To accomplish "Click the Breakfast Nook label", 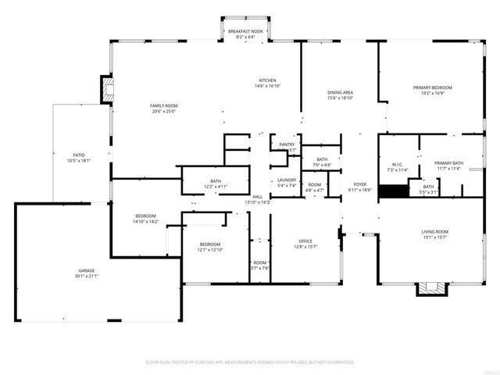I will coord(245,34).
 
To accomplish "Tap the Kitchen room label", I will coord(267,84).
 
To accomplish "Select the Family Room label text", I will coord(164,108).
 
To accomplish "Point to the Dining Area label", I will coord(340,95).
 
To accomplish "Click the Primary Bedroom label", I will coord(432,91).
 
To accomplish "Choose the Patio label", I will coord(80,158).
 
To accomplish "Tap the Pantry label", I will coord(287,146).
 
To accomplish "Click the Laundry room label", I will coord(287,182).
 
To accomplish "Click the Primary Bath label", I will coord(448,165).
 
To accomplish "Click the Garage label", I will coord(86,273).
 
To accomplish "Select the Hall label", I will coord(258,199).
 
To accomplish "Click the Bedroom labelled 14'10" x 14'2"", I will coord(145,219).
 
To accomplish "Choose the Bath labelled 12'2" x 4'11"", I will coord(215,184).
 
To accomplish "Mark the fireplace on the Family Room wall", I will coord(106,88).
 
